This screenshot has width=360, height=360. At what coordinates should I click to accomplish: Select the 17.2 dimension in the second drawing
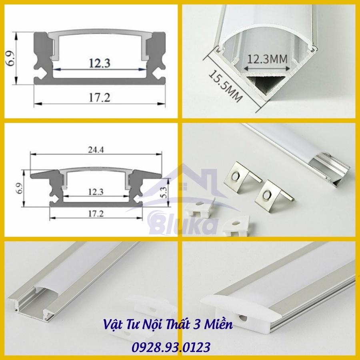coord(96,214)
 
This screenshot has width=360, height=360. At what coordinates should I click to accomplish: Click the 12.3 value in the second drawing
coord(96,192)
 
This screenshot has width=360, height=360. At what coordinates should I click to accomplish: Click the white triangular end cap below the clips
coord(236,226)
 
